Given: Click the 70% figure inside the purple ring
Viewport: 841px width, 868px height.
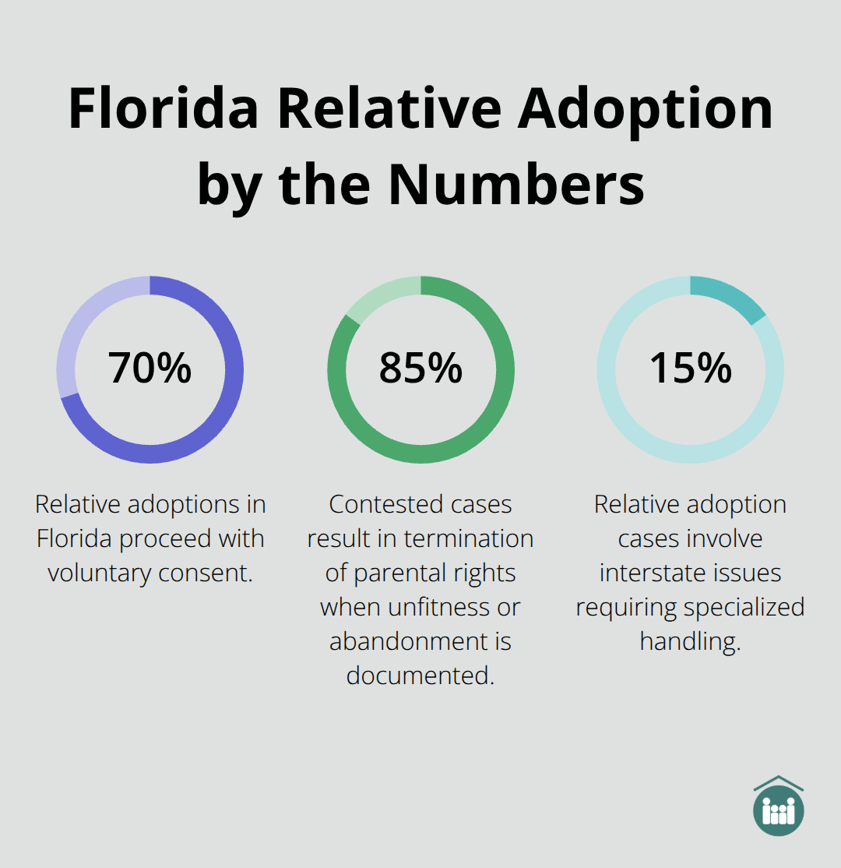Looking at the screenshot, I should (x=150, y=368).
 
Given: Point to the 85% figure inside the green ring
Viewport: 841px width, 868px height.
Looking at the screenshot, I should (x=420, y=368).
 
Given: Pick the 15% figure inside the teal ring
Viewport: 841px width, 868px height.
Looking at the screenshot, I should (x=690, y=368).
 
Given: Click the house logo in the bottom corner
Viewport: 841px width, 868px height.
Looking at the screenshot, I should (x=779, y=806).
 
